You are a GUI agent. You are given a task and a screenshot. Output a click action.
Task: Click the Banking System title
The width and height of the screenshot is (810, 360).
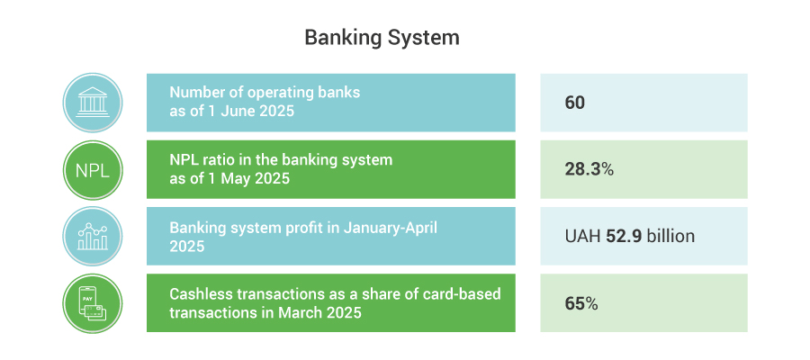(382, 39)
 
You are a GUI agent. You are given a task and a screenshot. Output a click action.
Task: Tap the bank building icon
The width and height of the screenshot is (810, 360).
(93, 103)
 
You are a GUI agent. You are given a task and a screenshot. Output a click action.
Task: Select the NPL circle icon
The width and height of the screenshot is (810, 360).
(93, 169)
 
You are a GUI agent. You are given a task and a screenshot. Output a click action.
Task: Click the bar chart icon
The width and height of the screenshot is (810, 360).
(93, 237)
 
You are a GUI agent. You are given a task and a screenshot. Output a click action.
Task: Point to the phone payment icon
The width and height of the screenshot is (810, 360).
(93, 303)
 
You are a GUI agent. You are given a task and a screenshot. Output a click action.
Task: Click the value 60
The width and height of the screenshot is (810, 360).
(574, 103)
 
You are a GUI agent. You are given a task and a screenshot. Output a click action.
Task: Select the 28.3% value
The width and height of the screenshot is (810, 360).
(589, 169)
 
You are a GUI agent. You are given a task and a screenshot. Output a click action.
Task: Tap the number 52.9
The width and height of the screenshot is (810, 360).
(624, 236)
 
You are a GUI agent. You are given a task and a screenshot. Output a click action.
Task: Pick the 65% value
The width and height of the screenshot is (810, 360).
(581, 303)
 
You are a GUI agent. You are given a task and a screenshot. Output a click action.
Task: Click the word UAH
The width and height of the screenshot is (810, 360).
(582, 236)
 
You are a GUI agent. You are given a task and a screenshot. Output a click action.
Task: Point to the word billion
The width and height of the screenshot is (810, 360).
(670, 236)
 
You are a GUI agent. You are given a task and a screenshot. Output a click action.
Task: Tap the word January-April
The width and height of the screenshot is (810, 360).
(391, 228)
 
